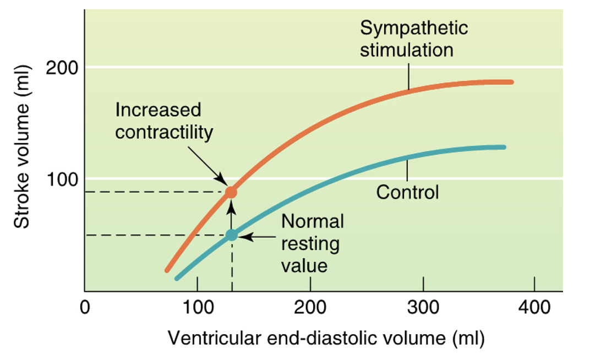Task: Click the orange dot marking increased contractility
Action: click(x=232, y=192)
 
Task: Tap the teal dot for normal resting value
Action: click(x=232, y=235)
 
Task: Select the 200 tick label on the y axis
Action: click(x=62, y=68)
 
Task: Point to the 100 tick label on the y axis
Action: click(x=62, y=179)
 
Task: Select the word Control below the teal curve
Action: click(x=407, y=193)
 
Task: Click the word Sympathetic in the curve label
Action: click(x=414, y=29)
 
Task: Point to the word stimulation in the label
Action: click(x=407, y=50)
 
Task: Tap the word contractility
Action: click(x=164, y=133)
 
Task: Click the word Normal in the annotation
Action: click(x=313, y=221)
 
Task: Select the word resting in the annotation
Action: click(x=310, y=243)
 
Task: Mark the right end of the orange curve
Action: click(x=511, y=82)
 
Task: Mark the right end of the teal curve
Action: click(x=503, y=147)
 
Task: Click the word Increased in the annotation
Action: click(x=159, y=110)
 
